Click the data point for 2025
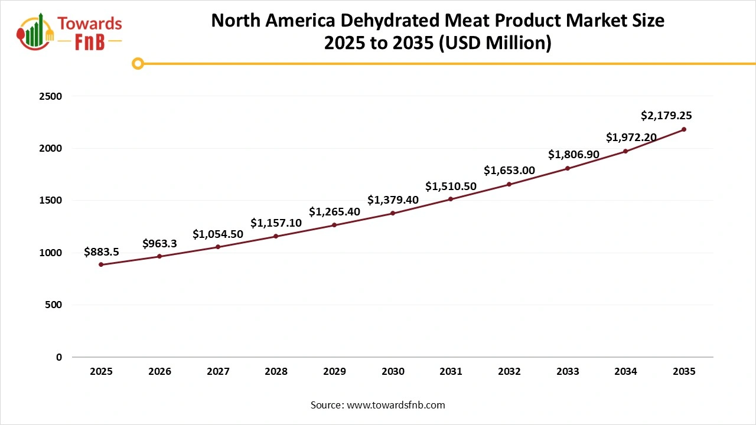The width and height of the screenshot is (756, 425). coord(101,264)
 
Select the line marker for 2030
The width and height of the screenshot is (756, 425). coord(393,213)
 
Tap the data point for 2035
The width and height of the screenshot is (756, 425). coord(684,129)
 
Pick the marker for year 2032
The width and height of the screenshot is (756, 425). coord(509,184)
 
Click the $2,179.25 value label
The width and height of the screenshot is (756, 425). coord(666,116)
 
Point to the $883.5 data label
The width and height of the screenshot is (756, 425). coord(102,252)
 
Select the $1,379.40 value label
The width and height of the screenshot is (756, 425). coord(393,200)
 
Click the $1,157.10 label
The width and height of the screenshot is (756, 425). coord(276,223)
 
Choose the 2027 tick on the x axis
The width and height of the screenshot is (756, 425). coord(218,372)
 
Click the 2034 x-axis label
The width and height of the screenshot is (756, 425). coord(625,372)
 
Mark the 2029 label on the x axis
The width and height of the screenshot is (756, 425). coord(334,372)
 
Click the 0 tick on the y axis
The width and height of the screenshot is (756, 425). coord(59,357)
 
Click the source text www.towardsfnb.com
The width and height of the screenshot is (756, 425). coord(396,405)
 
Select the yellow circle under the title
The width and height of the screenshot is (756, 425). coord(138,63)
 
